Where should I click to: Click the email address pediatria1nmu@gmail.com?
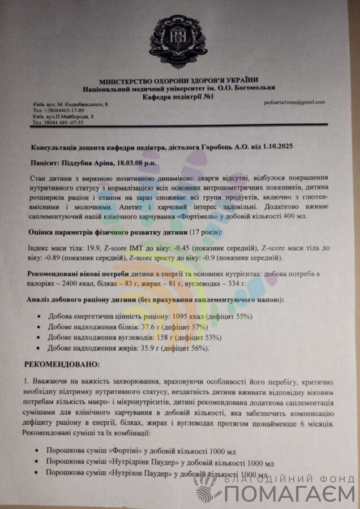pos(294,102)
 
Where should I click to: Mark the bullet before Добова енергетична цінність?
pos(38,317)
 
